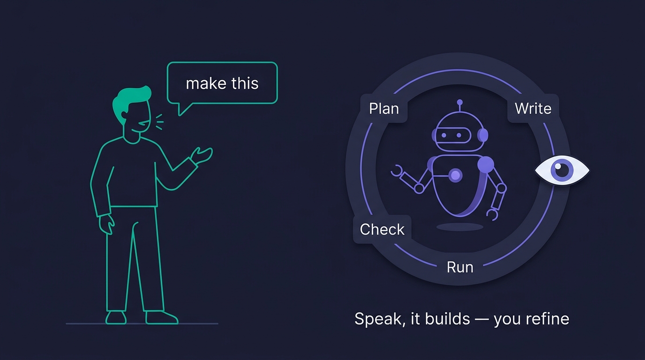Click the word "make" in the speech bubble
(206, 83)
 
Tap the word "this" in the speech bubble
(245, 83)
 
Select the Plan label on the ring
(384, 109)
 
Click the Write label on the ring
(533, 109)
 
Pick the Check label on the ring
(382, 229)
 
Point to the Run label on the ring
(460, 267)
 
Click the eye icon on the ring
(562, 170)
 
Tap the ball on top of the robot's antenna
(460, 102)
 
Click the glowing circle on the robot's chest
(456, 175)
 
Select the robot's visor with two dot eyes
(452, 135)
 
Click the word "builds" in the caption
(448, 319)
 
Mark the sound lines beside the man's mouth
(160, 122)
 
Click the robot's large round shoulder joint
(486, 165)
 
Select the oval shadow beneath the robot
(460, 227)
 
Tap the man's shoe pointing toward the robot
(162, 317)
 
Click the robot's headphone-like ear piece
(483, 135)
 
